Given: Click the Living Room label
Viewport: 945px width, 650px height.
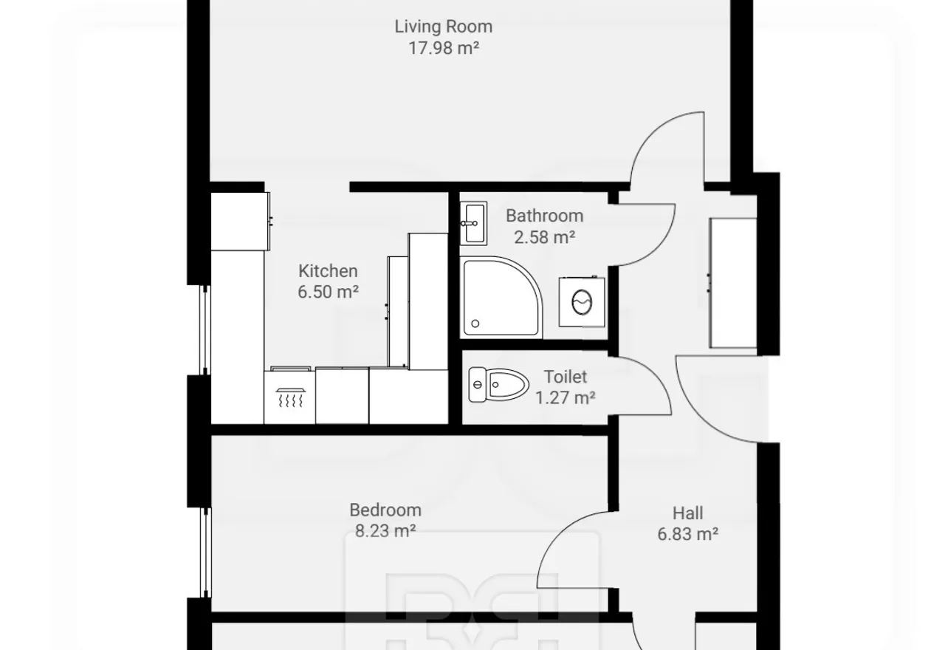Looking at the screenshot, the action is [444, 27].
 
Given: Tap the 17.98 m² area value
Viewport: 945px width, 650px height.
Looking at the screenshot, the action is [444, 48].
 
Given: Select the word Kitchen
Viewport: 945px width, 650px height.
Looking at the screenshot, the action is [328, 271].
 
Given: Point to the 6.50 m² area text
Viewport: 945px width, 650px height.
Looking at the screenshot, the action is [328, 292].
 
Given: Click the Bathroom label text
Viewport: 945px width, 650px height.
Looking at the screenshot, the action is [545, 216].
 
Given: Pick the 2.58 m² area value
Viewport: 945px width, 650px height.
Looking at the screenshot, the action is [545, 237].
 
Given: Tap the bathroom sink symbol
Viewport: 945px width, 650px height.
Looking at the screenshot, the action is [473, 223].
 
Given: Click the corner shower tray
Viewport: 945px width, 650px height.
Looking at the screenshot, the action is [501, 297].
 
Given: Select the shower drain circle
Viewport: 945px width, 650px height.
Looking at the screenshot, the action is [475, 324].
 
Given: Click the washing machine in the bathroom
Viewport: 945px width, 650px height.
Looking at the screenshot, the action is [581, 301].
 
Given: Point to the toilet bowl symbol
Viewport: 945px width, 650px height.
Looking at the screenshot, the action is [498, 385].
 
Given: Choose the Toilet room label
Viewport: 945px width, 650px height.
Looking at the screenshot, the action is [566, 377].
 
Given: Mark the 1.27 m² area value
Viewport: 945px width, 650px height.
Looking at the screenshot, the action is [566, 397].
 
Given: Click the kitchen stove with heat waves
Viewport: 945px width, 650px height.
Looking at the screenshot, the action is [289, 396].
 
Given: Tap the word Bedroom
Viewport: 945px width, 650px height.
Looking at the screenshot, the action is [385, 510].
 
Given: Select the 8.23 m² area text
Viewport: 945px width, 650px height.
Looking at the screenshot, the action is [385, 531].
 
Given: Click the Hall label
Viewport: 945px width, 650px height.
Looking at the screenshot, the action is [687, 513].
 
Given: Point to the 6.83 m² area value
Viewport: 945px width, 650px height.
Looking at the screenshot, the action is [687, 534].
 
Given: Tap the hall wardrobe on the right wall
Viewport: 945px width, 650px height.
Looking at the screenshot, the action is [733, 283].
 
